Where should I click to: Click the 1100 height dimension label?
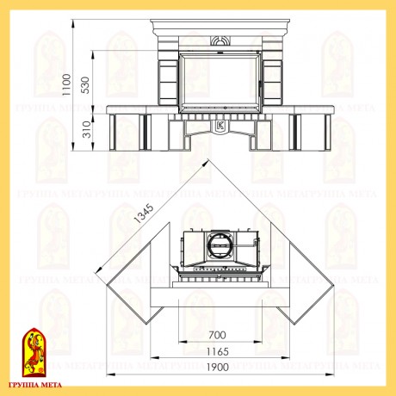tap(66, 85)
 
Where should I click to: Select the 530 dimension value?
tap(85, 85)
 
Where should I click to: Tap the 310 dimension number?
tap(87, 129)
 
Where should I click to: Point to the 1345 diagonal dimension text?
tap(145, 213)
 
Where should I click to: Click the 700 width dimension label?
tap(217, 335)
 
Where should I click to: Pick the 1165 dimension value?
tap(218, 351)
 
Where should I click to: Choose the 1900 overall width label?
tap(218, 368)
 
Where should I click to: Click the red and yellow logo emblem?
tap(34, 352)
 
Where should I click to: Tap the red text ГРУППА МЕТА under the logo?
tap(35, 385)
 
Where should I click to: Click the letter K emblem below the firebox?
tap(220, 126)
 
